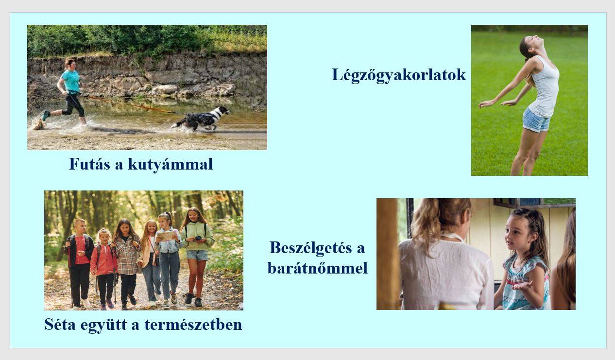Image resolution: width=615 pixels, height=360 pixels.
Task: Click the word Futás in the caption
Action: (89, 164)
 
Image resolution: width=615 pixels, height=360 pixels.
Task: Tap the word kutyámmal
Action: (171, 165)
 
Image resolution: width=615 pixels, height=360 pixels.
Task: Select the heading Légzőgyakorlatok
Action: (399, 75)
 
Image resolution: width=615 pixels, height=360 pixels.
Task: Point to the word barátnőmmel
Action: (318, 268)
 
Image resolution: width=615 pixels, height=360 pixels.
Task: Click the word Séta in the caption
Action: (60, 324)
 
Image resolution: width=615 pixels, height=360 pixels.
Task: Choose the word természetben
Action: (193, 325)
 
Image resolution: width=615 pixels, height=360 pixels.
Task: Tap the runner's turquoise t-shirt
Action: (70, 81)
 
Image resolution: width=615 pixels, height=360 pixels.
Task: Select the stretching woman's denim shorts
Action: (536, 120)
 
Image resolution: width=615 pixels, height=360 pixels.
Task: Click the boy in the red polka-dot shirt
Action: (79, 263)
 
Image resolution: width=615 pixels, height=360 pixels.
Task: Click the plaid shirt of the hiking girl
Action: (127, 255)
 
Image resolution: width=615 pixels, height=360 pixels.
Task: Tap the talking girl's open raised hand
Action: (522, 285)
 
